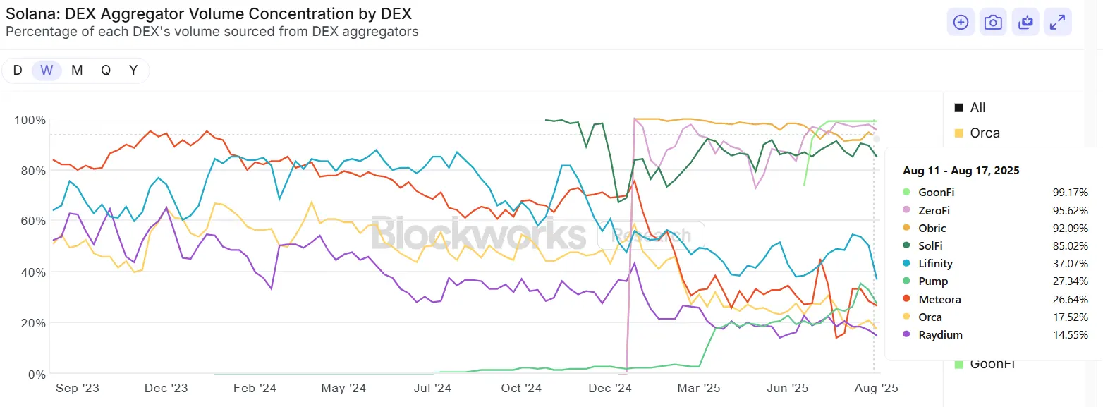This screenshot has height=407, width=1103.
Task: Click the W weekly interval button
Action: click(47, 70)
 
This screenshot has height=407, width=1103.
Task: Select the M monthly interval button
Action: click(77, 70)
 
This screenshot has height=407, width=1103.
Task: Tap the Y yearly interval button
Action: click(133, 70)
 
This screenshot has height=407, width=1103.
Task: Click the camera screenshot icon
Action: click(993, 23)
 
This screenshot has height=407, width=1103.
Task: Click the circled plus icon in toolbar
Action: click(961, 23)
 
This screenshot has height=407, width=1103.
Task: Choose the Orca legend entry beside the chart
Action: click(985, 133)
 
